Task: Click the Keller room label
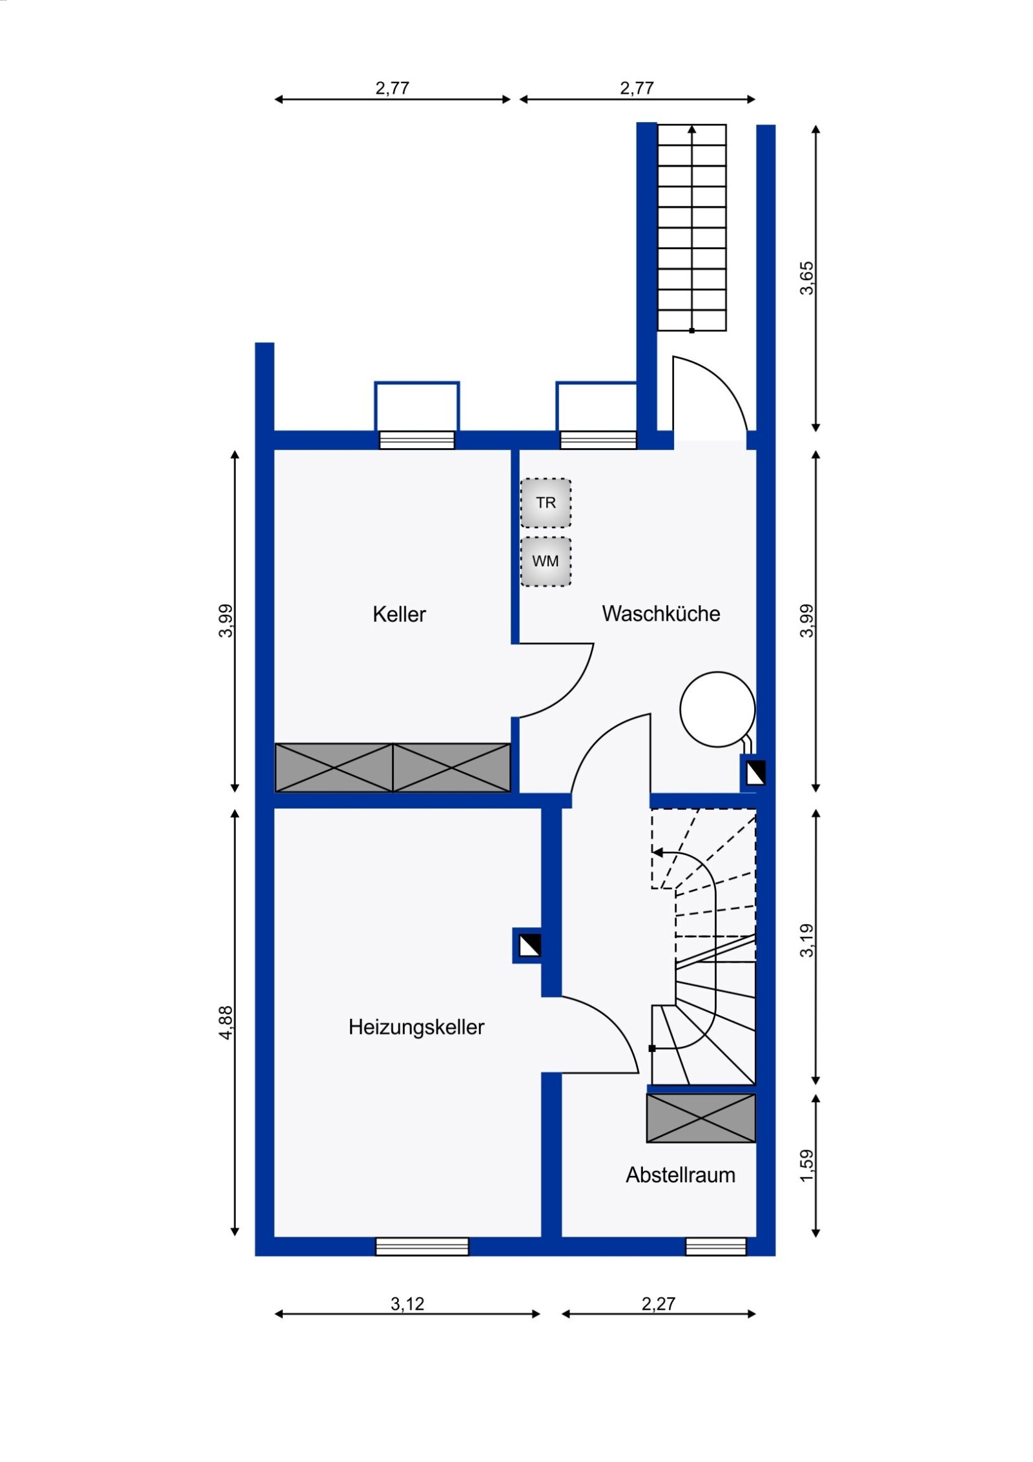point(399,613)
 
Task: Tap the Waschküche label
point(660,613)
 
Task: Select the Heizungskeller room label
point(416,1027)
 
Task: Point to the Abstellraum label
point(680,1175)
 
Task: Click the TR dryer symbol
point(546,502)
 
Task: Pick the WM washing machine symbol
point(546,561)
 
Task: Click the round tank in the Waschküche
point(717,709)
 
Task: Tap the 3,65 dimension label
point(806,278)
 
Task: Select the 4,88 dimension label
point(225,1022)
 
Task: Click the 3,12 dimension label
point(407,1304)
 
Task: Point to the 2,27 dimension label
point(658,1304)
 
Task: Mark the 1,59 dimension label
point(806,1166)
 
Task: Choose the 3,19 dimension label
point(806,940)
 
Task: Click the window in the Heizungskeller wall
point(422,1246)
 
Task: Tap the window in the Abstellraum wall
point(715,1246)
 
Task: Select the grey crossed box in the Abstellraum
point(701,1118)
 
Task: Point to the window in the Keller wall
point(416,440)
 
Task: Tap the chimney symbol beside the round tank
point(755,773)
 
